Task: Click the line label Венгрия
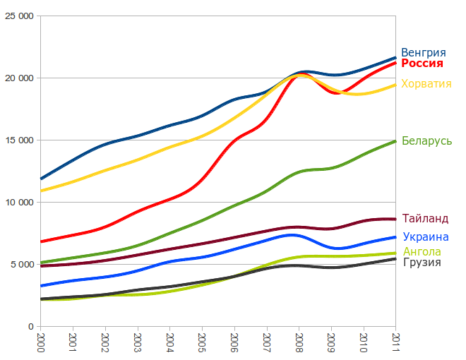pyautogui.click(x=423, y=52)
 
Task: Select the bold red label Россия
pyautogui.click(x=422, y=64)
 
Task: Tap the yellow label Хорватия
pyautogui.click(x=426, y=84)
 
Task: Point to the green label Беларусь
pyautogui.click(x=426, y=141)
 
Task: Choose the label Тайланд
pyautogui.click(x=425, y=219)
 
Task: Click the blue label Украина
pyautogui.click(x=426, y=237)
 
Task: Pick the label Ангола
pyautogui.click(x=422, y=251)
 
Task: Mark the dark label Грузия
pyautogui.click(x=422, y=263)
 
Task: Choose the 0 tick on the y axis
pyautogui.click(x=32, y=326)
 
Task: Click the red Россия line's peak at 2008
pyautogui.click(x=299, y=74)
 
